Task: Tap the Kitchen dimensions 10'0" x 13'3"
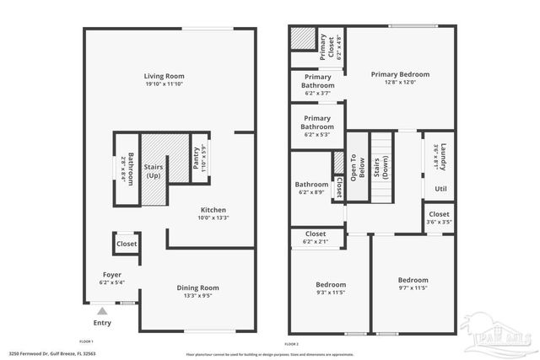[x=213, y=218]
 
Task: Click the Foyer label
[x=111, y=274]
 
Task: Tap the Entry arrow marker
[x=101, y=309]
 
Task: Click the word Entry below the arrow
[x=102, y=322]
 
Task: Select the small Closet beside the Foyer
[x=127, y=244]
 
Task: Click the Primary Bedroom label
[x=401, y=74]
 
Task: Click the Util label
[x=440, y=188]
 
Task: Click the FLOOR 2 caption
[x=292, y=344]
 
